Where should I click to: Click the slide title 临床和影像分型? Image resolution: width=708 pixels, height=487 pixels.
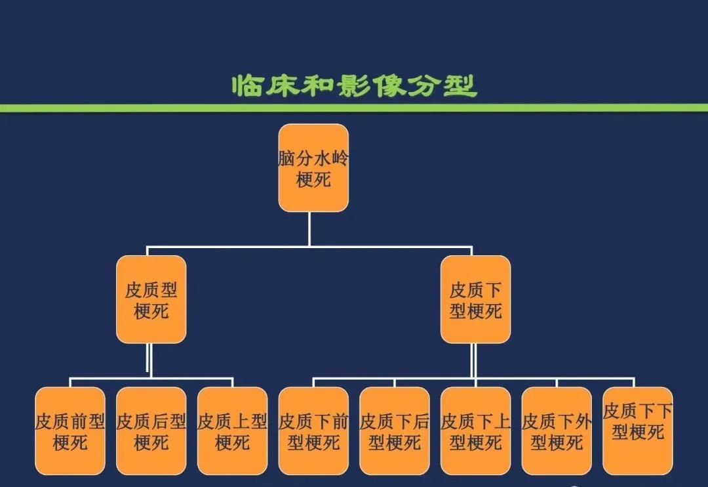(354, 85)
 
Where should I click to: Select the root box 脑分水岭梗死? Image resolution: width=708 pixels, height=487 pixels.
(313, 168)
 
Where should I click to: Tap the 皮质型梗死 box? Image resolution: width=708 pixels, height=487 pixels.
(151, 299)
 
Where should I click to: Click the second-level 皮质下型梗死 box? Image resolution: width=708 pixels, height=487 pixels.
(475, 299)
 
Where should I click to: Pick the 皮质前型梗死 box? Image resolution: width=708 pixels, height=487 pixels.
(70, 431)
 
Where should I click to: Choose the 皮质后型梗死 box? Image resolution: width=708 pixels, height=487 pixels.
(151, 431)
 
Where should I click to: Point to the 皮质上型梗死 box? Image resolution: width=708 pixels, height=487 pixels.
(232, 431)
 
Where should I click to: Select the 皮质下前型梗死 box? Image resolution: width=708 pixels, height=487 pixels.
(313, 431)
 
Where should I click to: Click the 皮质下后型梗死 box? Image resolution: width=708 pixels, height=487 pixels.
(395, 431)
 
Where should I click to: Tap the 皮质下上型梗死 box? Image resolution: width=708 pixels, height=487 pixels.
(475, 431)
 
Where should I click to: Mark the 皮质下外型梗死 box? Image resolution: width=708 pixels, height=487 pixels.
(557, 431)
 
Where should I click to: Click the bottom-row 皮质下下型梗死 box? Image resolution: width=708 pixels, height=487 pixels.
(637, 431)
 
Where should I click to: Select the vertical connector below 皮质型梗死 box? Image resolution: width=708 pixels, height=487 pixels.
(150, 360)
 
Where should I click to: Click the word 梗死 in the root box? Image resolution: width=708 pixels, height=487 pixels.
(313, 179)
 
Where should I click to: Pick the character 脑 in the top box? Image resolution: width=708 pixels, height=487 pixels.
(286, 159)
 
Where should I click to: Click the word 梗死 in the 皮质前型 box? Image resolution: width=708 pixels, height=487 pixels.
(70, 442)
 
